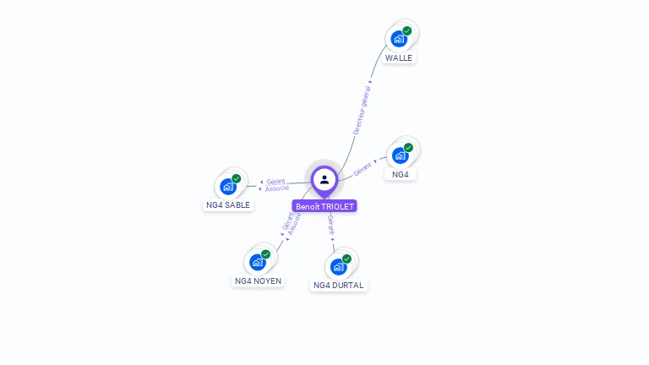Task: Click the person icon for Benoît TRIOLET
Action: tap(324, 179)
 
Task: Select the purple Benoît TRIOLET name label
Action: tap(324, 206)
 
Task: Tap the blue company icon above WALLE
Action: tap(399, 39)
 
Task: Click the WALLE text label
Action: tap(399, 58)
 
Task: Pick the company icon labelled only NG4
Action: tap(400, 155)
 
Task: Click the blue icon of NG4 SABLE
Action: tap(228, 187)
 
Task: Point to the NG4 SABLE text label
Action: tap(228, 204)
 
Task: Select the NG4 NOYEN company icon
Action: tap(257, 262)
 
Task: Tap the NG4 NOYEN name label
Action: tap(258, 281)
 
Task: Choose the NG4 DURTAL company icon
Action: tap(338, 267)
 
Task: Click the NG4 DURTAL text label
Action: tap(338, 286)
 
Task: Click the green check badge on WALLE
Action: tap(407, 30)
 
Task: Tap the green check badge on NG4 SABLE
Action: tap(237, 178)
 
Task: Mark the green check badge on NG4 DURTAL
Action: tap(346, 259)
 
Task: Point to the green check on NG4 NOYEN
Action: tap(265, 253)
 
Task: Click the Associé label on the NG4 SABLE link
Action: tap(277, 188)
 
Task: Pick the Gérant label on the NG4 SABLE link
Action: tap(275, 181)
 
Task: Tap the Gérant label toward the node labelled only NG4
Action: tap(363, 168)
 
